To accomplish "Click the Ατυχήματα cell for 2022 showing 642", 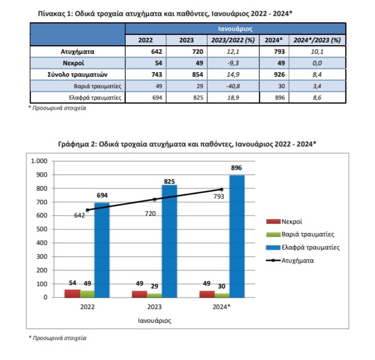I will pos(145,52).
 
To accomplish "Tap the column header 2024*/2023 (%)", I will pos(317,40).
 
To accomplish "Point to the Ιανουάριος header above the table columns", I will pos(235,29).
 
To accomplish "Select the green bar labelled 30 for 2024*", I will pos(222,295).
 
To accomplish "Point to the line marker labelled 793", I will pos(222,189).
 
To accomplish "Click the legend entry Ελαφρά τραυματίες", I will pos(310,247).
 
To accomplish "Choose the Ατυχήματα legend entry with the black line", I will pos(297,260).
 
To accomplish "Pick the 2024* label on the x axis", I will pos(222,307).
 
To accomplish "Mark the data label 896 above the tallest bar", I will pos(237,168).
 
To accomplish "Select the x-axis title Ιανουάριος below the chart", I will pos(154,320).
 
